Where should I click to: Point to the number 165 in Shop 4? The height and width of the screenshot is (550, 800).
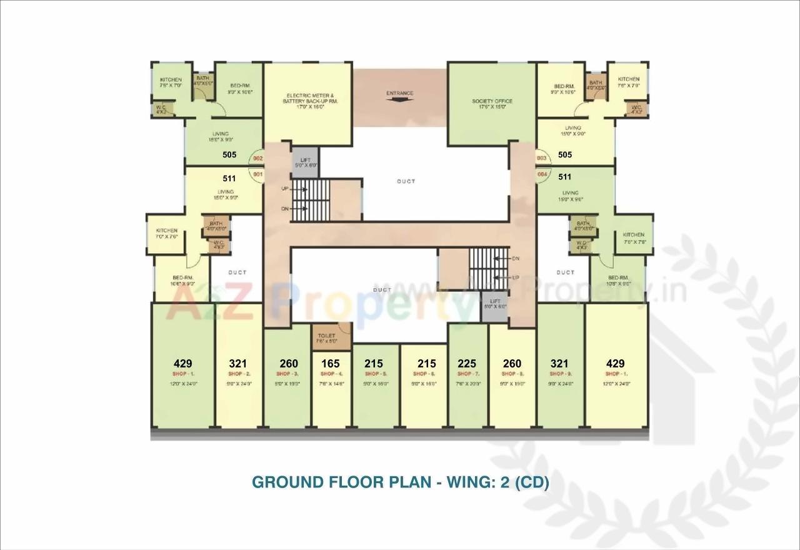click(331, 364)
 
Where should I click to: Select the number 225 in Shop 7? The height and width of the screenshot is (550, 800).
click(467, 364)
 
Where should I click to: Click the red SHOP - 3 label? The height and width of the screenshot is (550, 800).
click(288, 374)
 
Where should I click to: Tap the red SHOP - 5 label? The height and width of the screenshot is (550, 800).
click(376, 374)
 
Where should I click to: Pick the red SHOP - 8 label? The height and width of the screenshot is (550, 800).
click(512, 374)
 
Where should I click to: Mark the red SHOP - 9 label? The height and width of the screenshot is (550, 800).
click(559, 374)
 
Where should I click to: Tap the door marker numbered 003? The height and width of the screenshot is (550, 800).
click(542, 159)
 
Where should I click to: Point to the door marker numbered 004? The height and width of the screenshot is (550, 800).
click(542, 174)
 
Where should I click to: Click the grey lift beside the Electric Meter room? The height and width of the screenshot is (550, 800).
click(306, 162)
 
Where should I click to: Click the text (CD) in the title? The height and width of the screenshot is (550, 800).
click(532, 482)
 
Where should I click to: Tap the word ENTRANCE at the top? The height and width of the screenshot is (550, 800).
click(399, 94)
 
